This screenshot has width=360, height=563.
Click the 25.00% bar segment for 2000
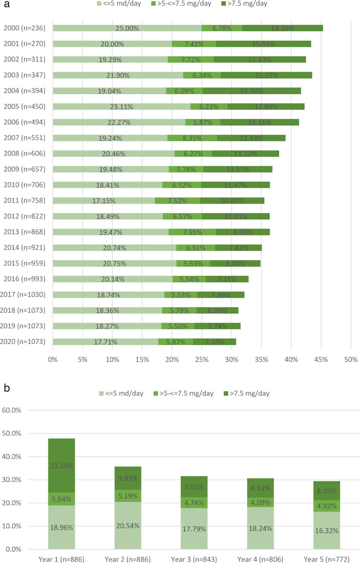(127, 28)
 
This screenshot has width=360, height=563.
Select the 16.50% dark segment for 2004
(251, 91)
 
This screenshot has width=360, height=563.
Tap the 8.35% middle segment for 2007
(192, 138)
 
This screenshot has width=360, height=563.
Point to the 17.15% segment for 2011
(104, 201)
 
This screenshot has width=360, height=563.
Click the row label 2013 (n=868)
(24, 232)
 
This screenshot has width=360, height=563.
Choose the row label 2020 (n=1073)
(22, 341)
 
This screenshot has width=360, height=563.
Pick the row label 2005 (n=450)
(24, 107)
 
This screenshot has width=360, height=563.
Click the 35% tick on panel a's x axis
(262, 359)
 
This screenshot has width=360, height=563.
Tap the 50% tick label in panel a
(351, 359)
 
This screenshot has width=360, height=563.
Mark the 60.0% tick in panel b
(11, 410)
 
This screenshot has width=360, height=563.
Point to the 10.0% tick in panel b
(11, 526)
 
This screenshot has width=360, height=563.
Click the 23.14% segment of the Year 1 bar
(62, 466)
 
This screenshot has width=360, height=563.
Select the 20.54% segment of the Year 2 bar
(128, 525)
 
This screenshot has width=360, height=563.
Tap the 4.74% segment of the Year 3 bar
(194, 502)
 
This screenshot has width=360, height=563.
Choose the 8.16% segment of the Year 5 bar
(327, 491)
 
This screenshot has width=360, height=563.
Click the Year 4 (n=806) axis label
(261, 559)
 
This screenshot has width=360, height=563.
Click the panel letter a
(6, 5)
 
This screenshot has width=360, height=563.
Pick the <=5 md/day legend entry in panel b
(121, 393)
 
